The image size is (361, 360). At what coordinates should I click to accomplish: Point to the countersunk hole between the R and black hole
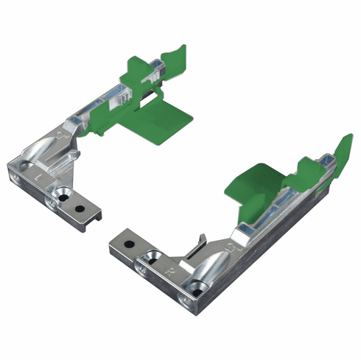(x=153, y=255)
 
